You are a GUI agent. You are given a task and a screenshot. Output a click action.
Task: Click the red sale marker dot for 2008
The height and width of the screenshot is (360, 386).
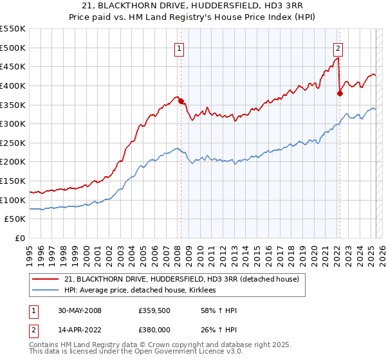pos(181,100)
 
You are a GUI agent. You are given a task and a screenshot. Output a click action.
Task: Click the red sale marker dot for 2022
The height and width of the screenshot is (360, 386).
pos(340,93)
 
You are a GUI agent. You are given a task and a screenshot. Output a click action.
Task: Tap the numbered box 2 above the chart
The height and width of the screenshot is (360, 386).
pos(338,47)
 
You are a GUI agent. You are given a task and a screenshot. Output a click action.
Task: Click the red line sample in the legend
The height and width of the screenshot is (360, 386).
pos(46,280)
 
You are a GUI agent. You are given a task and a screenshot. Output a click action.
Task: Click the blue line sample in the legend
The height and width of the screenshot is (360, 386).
pos(46,291)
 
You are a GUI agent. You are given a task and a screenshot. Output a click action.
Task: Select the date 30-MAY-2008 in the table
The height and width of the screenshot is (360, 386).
pos(80,311)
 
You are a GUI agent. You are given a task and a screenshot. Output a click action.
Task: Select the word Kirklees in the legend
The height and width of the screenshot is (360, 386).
pos(207,291)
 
